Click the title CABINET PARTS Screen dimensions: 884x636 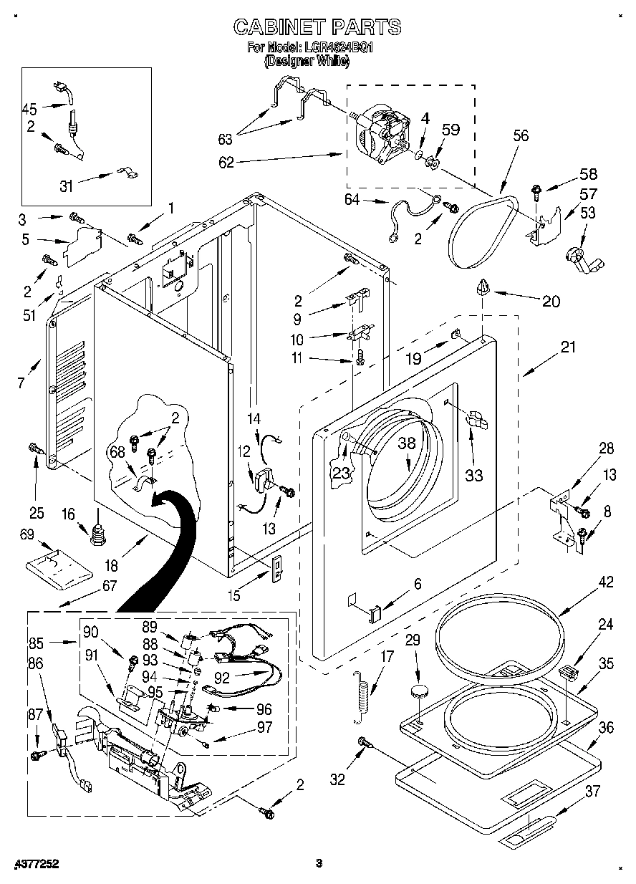[x=317, y=27]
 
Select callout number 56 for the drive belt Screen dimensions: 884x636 [x=521, y=135]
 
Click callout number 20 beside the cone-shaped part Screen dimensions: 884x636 [x=551, y=301]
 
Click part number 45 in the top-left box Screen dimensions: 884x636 [x=29, y=109]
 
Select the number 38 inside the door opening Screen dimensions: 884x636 [x=407, y=443]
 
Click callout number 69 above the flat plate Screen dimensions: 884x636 [x=26, y=534]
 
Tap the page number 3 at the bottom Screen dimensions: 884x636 [x=320, y=863]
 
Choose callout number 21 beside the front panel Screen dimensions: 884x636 [x=568, y=347]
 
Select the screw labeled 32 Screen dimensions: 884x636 [x=364, y=746]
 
